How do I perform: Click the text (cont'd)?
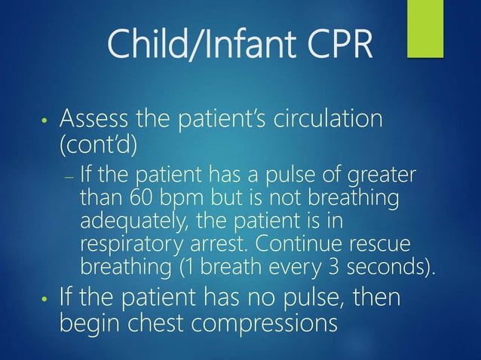coord(97,144)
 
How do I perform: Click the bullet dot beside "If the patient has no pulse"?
coord(46,300)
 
